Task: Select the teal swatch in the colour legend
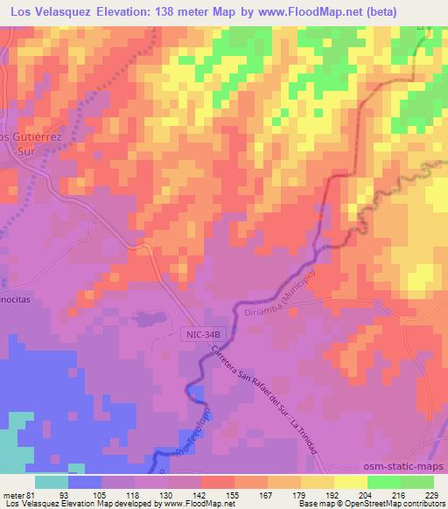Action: tap(52, 482)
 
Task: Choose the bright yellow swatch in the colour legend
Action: tap(350, 482)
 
